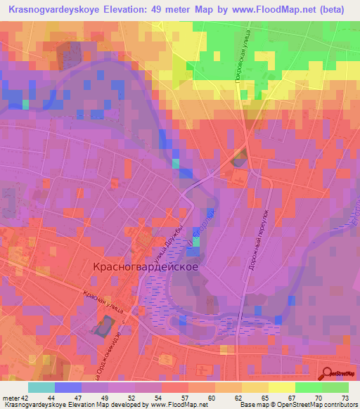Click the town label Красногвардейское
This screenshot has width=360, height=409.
tap(146, 267)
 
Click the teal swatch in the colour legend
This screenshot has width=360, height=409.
tap(41, 387)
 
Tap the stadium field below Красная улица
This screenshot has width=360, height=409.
tap(102, 326)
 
